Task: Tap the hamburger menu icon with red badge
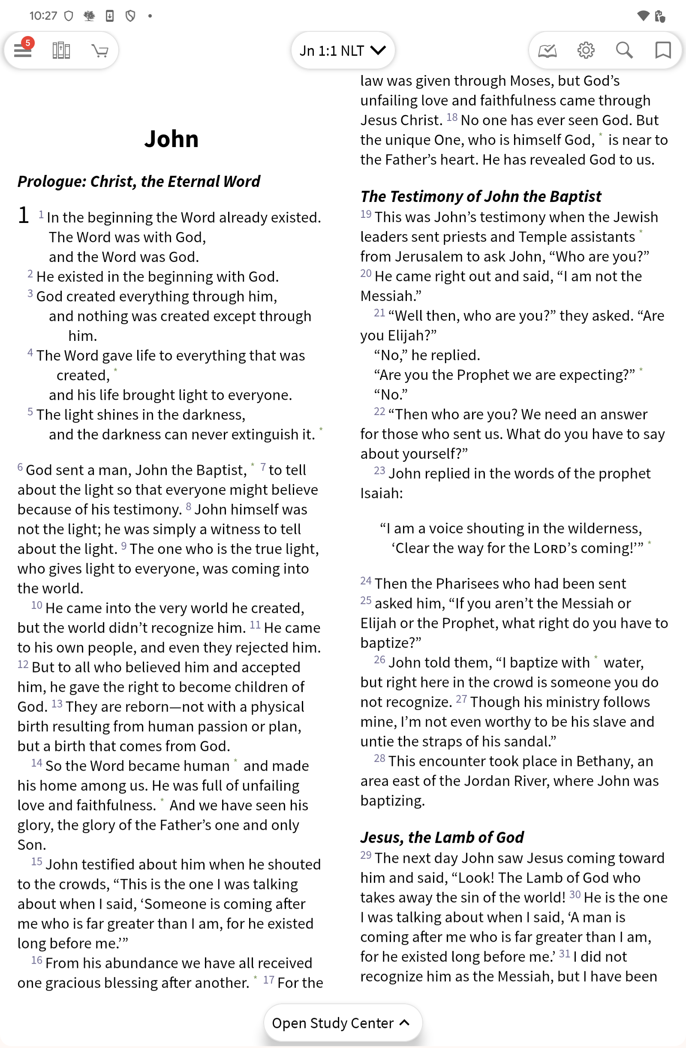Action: tap(23, 50)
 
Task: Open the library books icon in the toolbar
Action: tap(61, 50)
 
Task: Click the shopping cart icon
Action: tap(100, 51)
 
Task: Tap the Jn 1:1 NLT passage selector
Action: tap(343, 50)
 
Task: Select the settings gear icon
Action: tap(586, 50)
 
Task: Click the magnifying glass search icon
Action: tap(624, 50)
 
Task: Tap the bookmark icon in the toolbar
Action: tap(663, 50)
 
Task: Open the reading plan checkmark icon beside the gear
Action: tap(548, 51)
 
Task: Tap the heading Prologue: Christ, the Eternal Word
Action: tap(138, 181)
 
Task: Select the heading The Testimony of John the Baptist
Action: tap(480, 196)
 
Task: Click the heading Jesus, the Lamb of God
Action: tap(442, 837)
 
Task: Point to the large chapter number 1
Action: tap(23, 215)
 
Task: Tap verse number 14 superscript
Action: tap(36, 763)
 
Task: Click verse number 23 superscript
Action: tap(379, 471)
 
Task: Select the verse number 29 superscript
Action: tap(365, 855)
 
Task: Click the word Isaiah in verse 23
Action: tap(381, 493)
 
